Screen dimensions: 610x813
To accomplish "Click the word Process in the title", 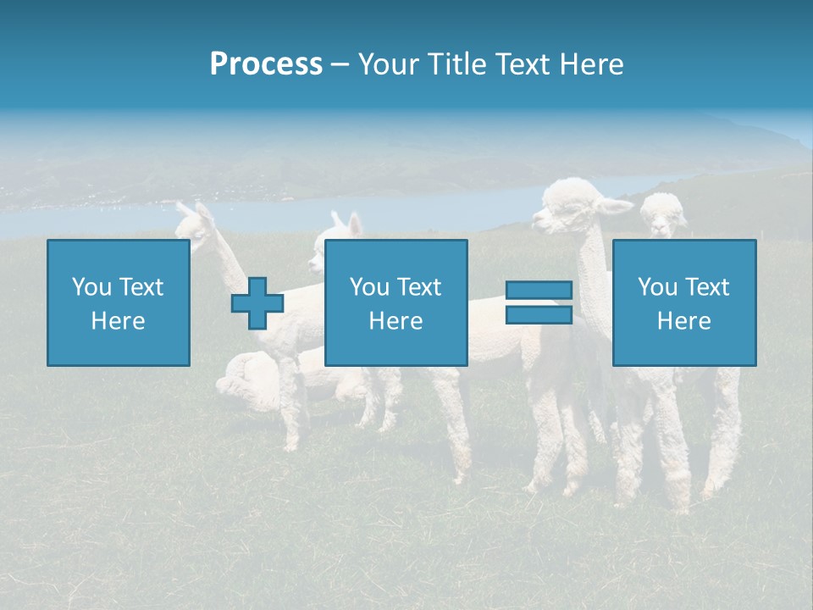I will (x=266, y=64).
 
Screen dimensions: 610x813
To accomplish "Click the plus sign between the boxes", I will (x=257, y=303).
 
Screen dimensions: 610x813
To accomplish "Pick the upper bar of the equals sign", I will (x=539, y=291).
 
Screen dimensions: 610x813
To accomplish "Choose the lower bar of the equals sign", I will (x=539, y=315).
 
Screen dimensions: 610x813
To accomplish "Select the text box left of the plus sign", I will (x=118, y=302).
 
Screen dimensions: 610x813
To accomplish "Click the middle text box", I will (x=395, y=302).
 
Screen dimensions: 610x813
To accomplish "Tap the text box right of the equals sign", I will (x=683, y=302).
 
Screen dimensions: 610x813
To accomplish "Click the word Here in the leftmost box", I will (x=118, y=321).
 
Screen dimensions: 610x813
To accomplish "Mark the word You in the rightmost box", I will (x=657, y=287).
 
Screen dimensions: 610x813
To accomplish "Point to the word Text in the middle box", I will (x=419, y=287).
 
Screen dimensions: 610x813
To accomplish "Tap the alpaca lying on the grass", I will (x=254, y=381).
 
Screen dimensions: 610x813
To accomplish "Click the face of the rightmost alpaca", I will (x=664, y=215).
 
